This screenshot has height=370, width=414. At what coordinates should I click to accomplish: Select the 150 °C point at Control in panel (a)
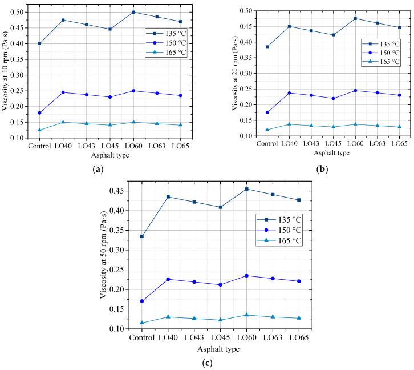[x=39, y=113]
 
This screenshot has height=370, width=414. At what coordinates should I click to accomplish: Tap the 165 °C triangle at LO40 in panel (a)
[x=63, y=122]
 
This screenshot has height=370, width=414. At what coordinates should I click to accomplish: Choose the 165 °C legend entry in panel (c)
[x=279, y=240]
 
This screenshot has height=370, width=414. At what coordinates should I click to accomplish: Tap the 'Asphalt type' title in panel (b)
[x=327, y=154]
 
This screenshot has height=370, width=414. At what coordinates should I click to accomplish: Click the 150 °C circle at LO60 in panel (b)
[x=347, y=90]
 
